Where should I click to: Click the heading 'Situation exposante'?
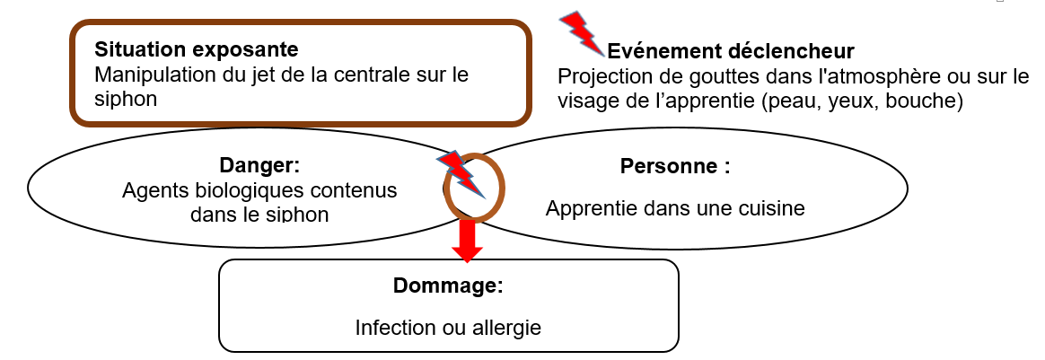pos(196,48)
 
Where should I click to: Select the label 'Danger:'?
pos(259,166)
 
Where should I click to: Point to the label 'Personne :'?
pos(675,166)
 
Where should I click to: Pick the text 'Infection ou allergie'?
pos(448,328)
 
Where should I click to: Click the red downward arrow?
pos(466,240)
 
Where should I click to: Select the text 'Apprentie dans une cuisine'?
pos(675,208)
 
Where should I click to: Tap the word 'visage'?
pos(585,101)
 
